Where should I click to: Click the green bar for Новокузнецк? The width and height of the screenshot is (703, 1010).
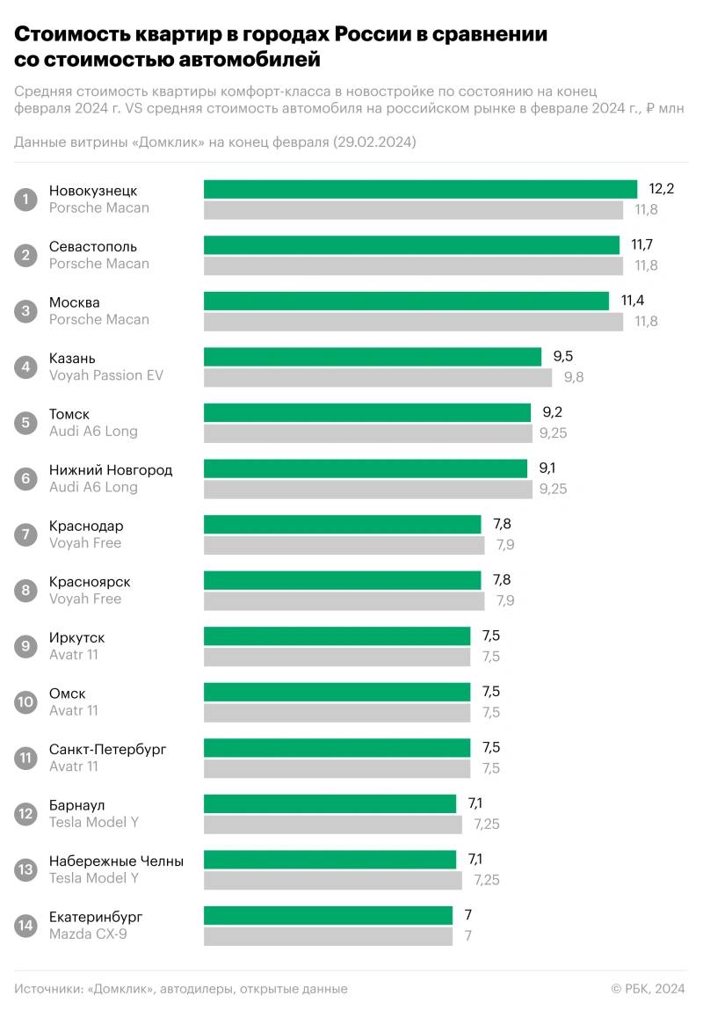click(420, 189)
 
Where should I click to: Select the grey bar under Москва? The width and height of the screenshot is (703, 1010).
click(413, 322)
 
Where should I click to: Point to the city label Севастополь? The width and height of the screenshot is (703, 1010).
click(93, 246)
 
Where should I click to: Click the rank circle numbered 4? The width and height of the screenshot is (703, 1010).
click(26, 367)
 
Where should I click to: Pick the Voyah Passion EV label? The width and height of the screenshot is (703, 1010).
click(106, 375)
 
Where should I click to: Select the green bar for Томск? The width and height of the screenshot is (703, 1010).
click(367, 412)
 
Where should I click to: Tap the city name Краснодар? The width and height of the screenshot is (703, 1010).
click(86, 526)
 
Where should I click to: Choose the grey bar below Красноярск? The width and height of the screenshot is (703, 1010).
click(344, 601)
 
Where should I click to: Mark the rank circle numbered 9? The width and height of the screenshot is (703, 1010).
click(26, 646)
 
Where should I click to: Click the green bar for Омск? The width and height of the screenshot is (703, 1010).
click(337, 692)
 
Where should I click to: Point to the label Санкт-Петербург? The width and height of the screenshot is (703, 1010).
click(108, 749)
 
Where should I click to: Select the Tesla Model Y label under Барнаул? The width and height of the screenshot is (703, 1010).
click(94, 822)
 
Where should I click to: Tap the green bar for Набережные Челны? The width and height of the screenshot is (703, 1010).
click(330, 859)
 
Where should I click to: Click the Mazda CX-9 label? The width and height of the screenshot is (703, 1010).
click(88, 934)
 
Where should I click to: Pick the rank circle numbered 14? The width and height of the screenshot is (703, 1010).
click(26, 926)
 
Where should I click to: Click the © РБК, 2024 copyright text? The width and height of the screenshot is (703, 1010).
click(648, 989)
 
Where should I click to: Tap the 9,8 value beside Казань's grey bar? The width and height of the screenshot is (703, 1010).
click(574, 377)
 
